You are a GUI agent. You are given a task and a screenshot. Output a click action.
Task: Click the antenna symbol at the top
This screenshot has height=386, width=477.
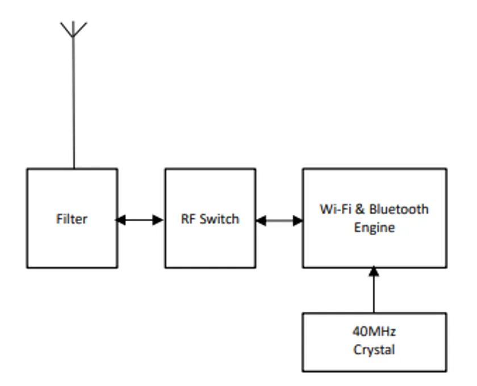(73, 28)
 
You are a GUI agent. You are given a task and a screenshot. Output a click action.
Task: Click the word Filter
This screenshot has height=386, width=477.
(72, 219)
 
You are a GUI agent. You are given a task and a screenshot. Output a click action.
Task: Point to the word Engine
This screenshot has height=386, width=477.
(374, 228)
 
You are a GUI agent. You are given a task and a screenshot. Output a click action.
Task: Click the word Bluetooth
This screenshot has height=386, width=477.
(399, 209)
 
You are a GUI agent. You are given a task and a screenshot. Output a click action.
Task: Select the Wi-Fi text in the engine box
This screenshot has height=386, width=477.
(333, 209)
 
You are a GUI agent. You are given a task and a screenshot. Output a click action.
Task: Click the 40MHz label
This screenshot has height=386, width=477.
(374, 332)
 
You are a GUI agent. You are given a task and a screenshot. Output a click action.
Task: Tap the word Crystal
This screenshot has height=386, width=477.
(374, 350)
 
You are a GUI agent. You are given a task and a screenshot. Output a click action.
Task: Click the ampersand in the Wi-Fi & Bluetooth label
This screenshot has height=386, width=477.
(359, 209)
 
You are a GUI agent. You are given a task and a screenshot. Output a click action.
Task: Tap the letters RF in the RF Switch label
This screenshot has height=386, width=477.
(188, 219)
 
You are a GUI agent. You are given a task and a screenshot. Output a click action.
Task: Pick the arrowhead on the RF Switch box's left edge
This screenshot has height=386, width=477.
(159, 220)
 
